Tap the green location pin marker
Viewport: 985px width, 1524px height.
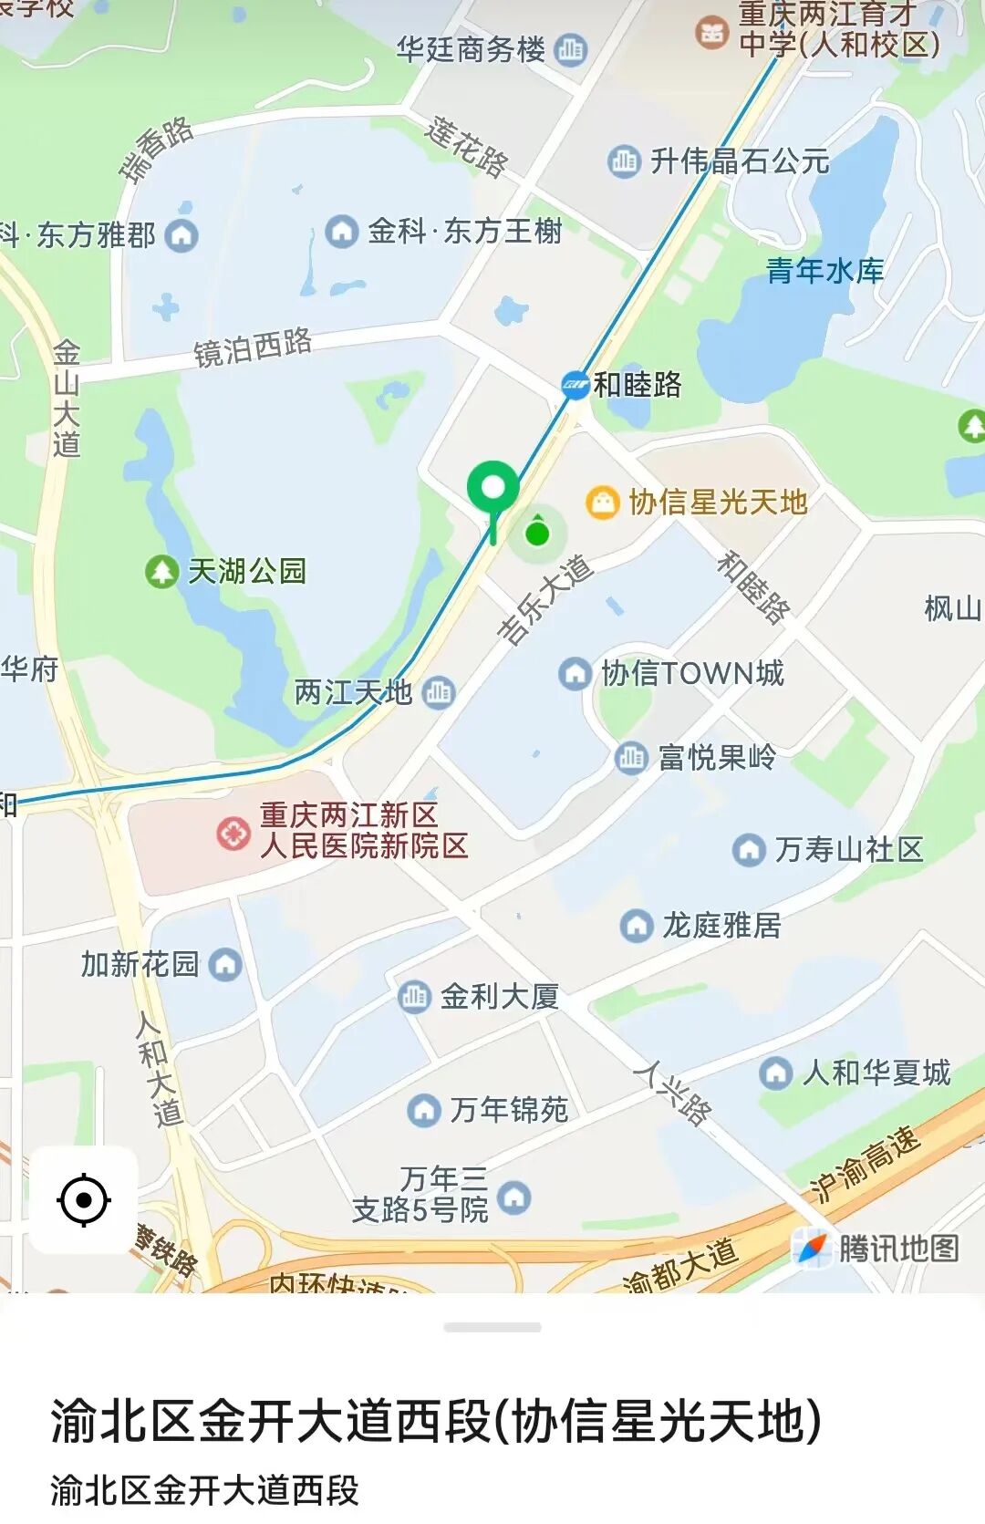coord(493,491)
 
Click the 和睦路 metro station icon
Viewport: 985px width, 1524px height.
coord(575,386)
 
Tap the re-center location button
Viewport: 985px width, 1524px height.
coord(84,1199)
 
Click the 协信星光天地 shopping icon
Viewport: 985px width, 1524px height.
coord(602,503)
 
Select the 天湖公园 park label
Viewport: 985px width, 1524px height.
coord(247,572)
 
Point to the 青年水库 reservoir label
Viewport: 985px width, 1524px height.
coord(824,271)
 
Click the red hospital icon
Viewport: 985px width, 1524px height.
coord(233,833)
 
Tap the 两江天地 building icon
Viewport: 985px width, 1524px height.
coord(439,692)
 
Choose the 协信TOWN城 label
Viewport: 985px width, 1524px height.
coord(692,674)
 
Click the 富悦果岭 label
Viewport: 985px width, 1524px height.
coord(717,757)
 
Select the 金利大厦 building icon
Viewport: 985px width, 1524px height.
coord(414,996)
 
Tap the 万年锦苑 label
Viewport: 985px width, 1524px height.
coord(508,1110)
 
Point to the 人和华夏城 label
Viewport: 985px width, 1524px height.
coord(876,1073)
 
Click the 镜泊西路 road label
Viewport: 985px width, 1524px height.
coord(253,347)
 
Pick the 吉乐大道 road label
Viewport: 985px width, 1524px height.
coord(545,599)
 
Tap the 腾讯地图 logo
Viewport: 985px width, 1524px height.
coord(876,1249)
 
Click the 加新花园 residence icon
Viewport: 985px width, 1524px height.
coord(225,965)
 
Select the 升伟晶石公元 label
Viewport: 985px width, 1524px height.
coord(739,162)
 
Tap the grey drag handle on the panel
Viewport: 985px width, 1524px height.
coord(493,1327)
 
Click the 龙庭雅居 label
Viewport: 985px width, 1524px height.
coord(721,926)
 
